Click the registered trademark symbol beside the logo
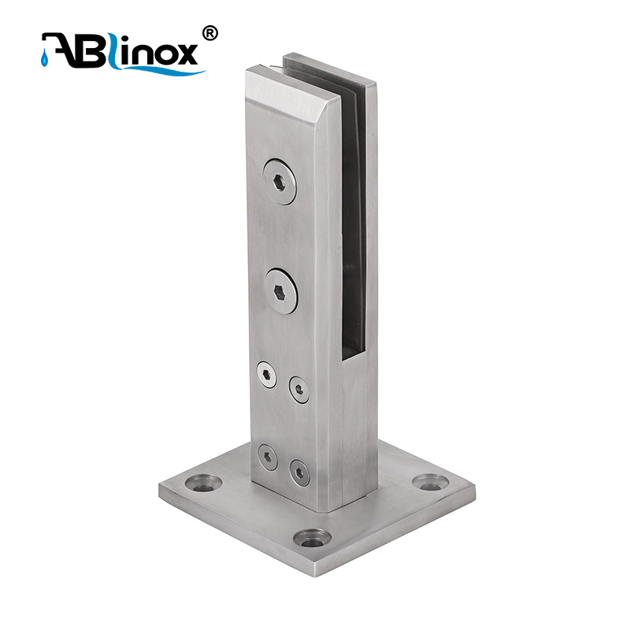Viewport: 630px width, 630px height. click(209, 33)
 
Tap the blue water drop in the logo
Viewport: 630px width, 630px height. click(44, 59)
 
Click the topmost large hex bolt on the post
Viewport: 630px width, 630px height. click(280, 182)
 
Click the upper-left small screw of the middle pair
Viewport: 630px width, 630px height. click(267, 375)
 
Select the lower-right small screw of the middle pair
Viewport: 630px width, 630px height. click(299, 389)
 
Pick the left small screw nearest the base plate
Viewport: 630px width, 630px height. click(268, 458)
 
